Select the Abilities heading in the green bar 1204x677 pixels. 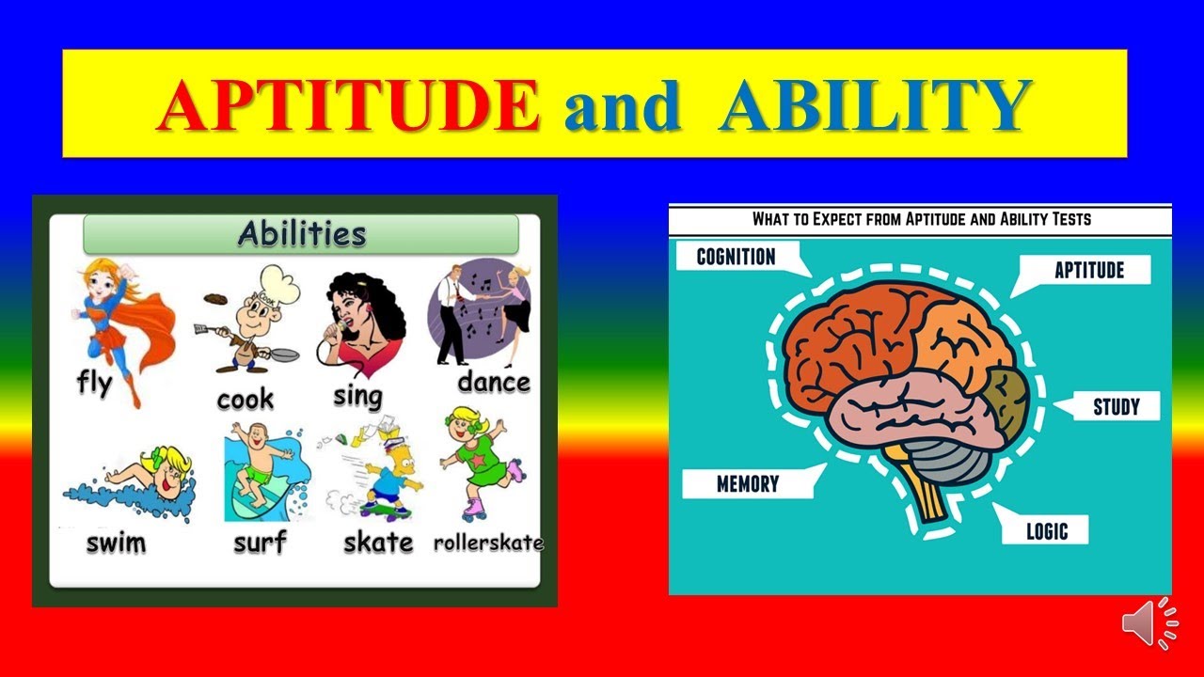302,234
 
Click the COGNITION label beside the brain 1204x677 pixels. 736,257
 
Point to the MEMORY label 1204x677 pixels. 748,484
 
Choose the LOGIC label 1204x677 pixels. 1047,531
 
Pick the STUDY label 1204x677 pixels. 1117,407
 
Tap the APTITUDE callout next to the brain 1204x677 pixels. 1089,270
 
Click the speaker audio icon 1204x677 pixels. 1149,623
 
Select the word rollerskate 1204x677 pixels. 488,543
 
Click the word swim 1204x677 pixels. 116,543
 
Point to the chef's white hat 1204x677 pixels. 278,285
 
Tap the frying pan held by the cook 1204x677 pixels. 283,354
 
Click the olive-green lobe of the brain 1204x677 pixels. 1006,401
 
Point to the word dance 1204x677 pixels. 494,383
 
